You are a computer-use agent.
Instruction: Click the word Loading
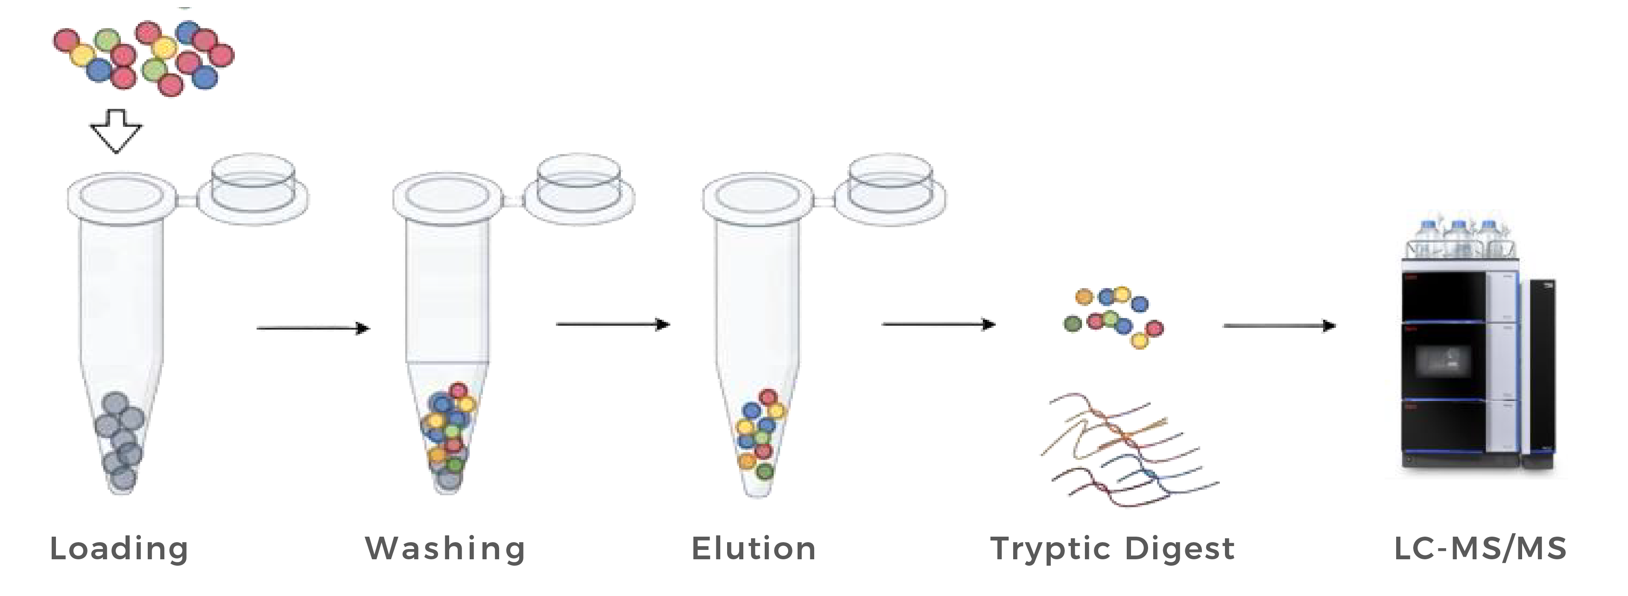tap(119, 549)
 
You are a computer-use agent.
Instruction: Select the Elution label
tap(753, 549)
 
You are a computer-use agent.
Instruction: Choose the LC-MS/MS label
tap(1480, 549)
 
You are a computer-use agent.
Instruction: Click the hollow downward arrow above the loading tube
tap(116, 130)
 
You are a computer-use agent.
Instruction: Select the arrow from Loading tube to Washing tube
tap(313, 328)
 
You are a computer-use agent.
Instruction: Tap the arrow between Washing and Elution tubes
tap(612, 324)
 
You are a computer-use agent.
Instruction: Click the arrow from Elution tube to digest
tap(938, 324)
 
